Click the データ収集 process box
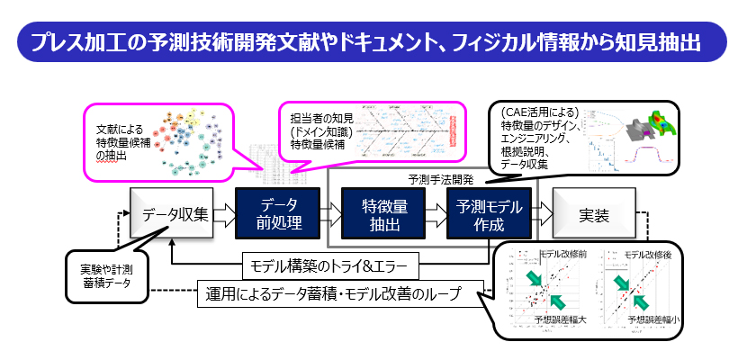(174, 214)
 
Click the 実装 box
(593, 214)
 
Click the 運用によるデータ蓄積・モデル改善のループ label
(339, 292)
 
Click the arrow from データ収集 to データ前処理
(225, 214)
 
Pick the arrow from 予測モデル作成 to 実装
(542, 214)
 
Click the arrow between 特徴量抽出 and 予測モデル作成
(436, 214)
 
